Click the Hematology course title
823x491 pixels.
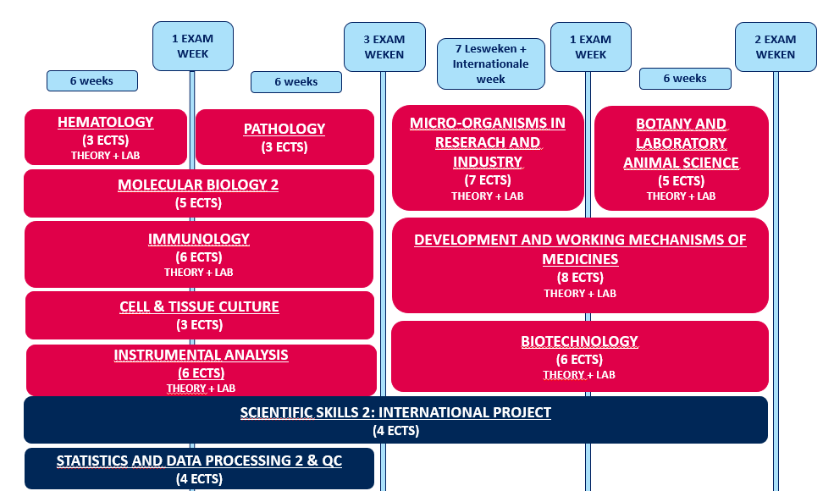(x=106, y=122)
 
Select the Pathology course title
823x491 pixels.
(x=284, y=129)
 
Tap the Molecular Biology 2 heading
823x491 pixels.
(x=198, y=185)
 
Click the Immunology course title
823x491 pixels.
(x=199, y=240)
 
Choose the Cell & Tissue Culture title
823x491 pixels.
(x=200, y=306)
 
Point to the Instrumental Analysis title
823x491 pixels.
(x=201, y=356)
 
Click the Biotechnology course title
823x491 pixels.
(x=579, y=341)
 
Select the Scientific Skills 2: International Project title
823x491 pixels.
(x=395, y=413)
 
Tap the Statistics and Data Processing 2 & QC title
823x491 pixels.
(x=200, y=461)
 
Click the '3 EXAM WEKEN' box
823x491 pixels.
(x=384, y=47)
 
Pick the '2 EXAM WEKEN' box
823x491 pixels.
(x=776, y=47)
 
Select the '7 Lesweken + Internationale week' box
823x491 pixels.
(x=491, y=64)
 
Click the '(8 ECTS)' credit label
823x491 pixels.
(x=580, y=278)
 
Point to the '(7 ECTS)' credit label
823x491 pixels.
(x=488, y=180)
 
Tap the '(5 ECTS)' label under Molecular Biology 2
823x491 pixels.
(x=198, y=203)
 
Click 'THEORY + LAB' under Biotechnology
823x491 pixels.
(x=579, y=375)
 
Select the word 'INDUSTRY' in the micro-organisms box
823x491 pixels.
(x=488, y=162)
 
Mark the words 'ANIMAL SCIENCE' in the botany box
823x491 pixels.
(x=682, y=163)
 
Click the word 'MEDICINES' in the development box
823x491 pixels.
(x=580, y=260)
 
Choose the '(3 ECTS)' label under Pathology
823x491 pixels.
(x=284, y=147)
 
